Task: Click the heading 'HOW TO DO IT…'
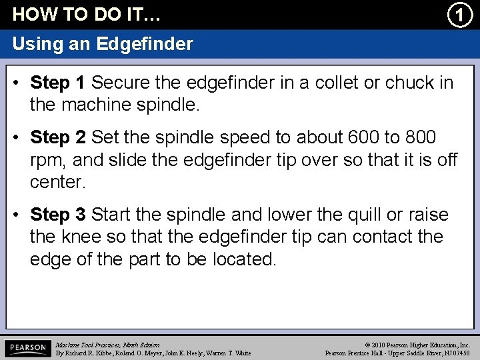87,14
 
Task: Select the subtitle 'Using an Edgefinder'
103,45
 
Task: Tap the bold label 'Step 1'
58,83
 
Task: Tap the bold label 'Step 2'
58,138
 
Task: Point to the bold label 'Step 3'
58,215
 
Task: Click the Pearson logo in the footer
27,348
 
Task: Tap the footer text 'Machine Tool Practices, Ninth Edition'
108,345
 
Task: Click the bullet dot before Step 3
19,215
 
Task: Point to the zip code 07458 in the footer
459,353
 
